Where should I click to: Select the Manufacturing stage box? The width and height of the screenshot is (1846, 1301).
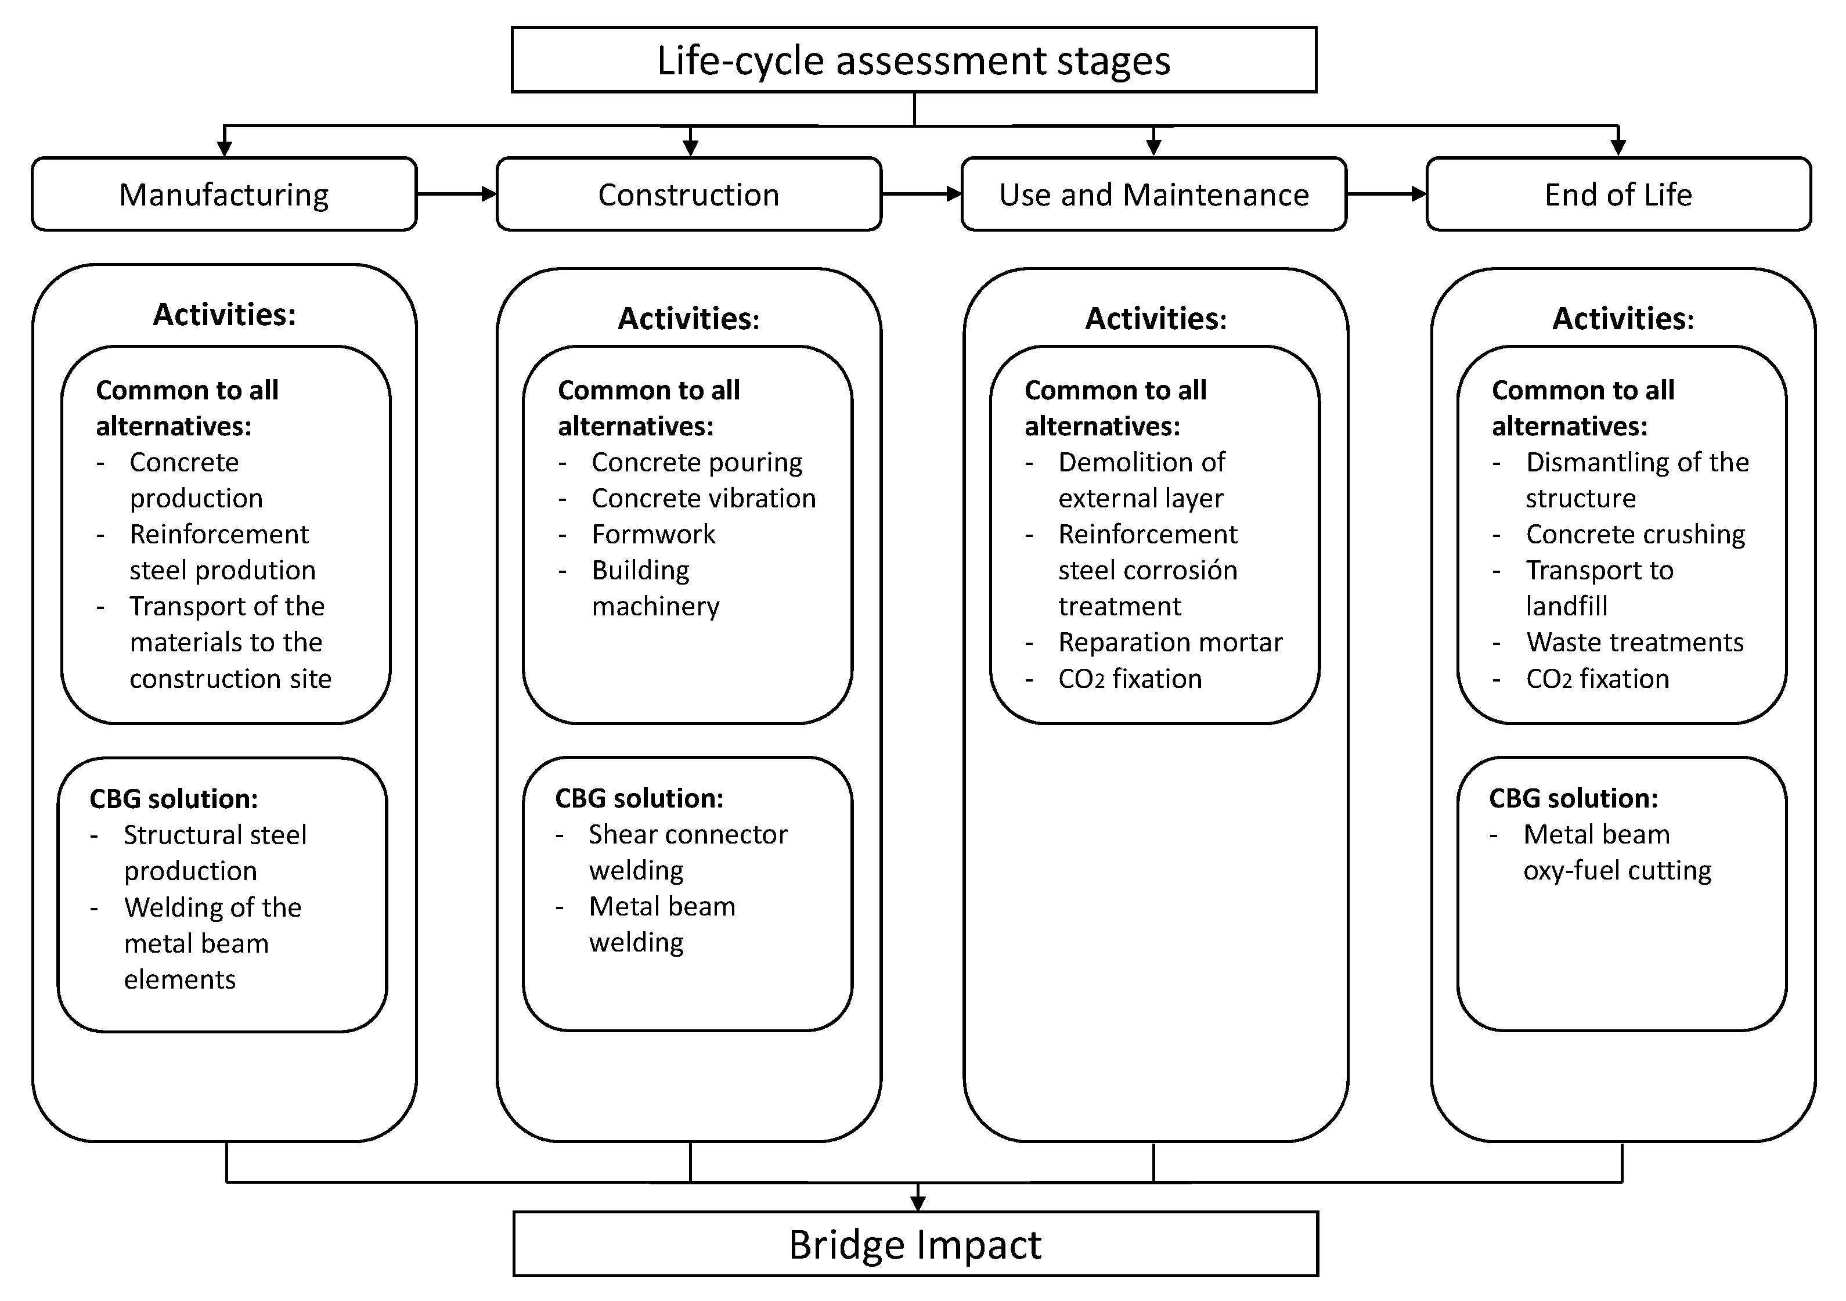[224, 194]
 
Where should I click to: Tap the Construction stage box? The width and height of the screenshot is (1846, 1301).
[689, 194]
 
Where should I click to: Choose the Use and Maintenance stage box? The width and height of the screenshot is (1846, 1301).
[1154, 194]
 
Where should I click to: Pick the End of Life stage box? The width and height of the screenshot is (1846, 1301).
[1618, 194]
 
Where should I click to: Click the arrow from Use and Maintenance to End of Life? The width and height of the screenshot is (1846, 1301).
[1386, 194]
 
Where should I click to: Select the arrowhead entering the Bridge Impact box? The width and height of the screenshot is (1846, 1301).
[917, 1203]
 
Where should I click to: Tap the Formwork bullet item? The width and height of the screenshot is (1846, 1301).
[653, 534]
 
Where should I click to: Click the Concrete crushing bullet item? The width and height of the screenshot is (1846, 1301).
[1635, 534]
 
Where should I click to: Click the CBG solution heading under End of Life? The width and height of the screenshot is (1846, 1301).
[1573, 798]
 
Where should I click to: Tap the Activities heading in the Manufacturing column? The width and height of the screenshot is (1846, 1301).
[224, 315]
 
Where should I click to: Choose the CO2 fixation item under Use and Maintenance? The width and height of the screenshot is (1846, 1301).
[1130, 679]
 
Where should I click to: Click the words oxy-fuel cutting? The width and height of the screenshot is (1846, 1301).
[1617, 870]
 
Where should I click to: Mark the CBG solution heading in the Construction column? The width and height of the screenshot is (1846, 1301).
[639, 798]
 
